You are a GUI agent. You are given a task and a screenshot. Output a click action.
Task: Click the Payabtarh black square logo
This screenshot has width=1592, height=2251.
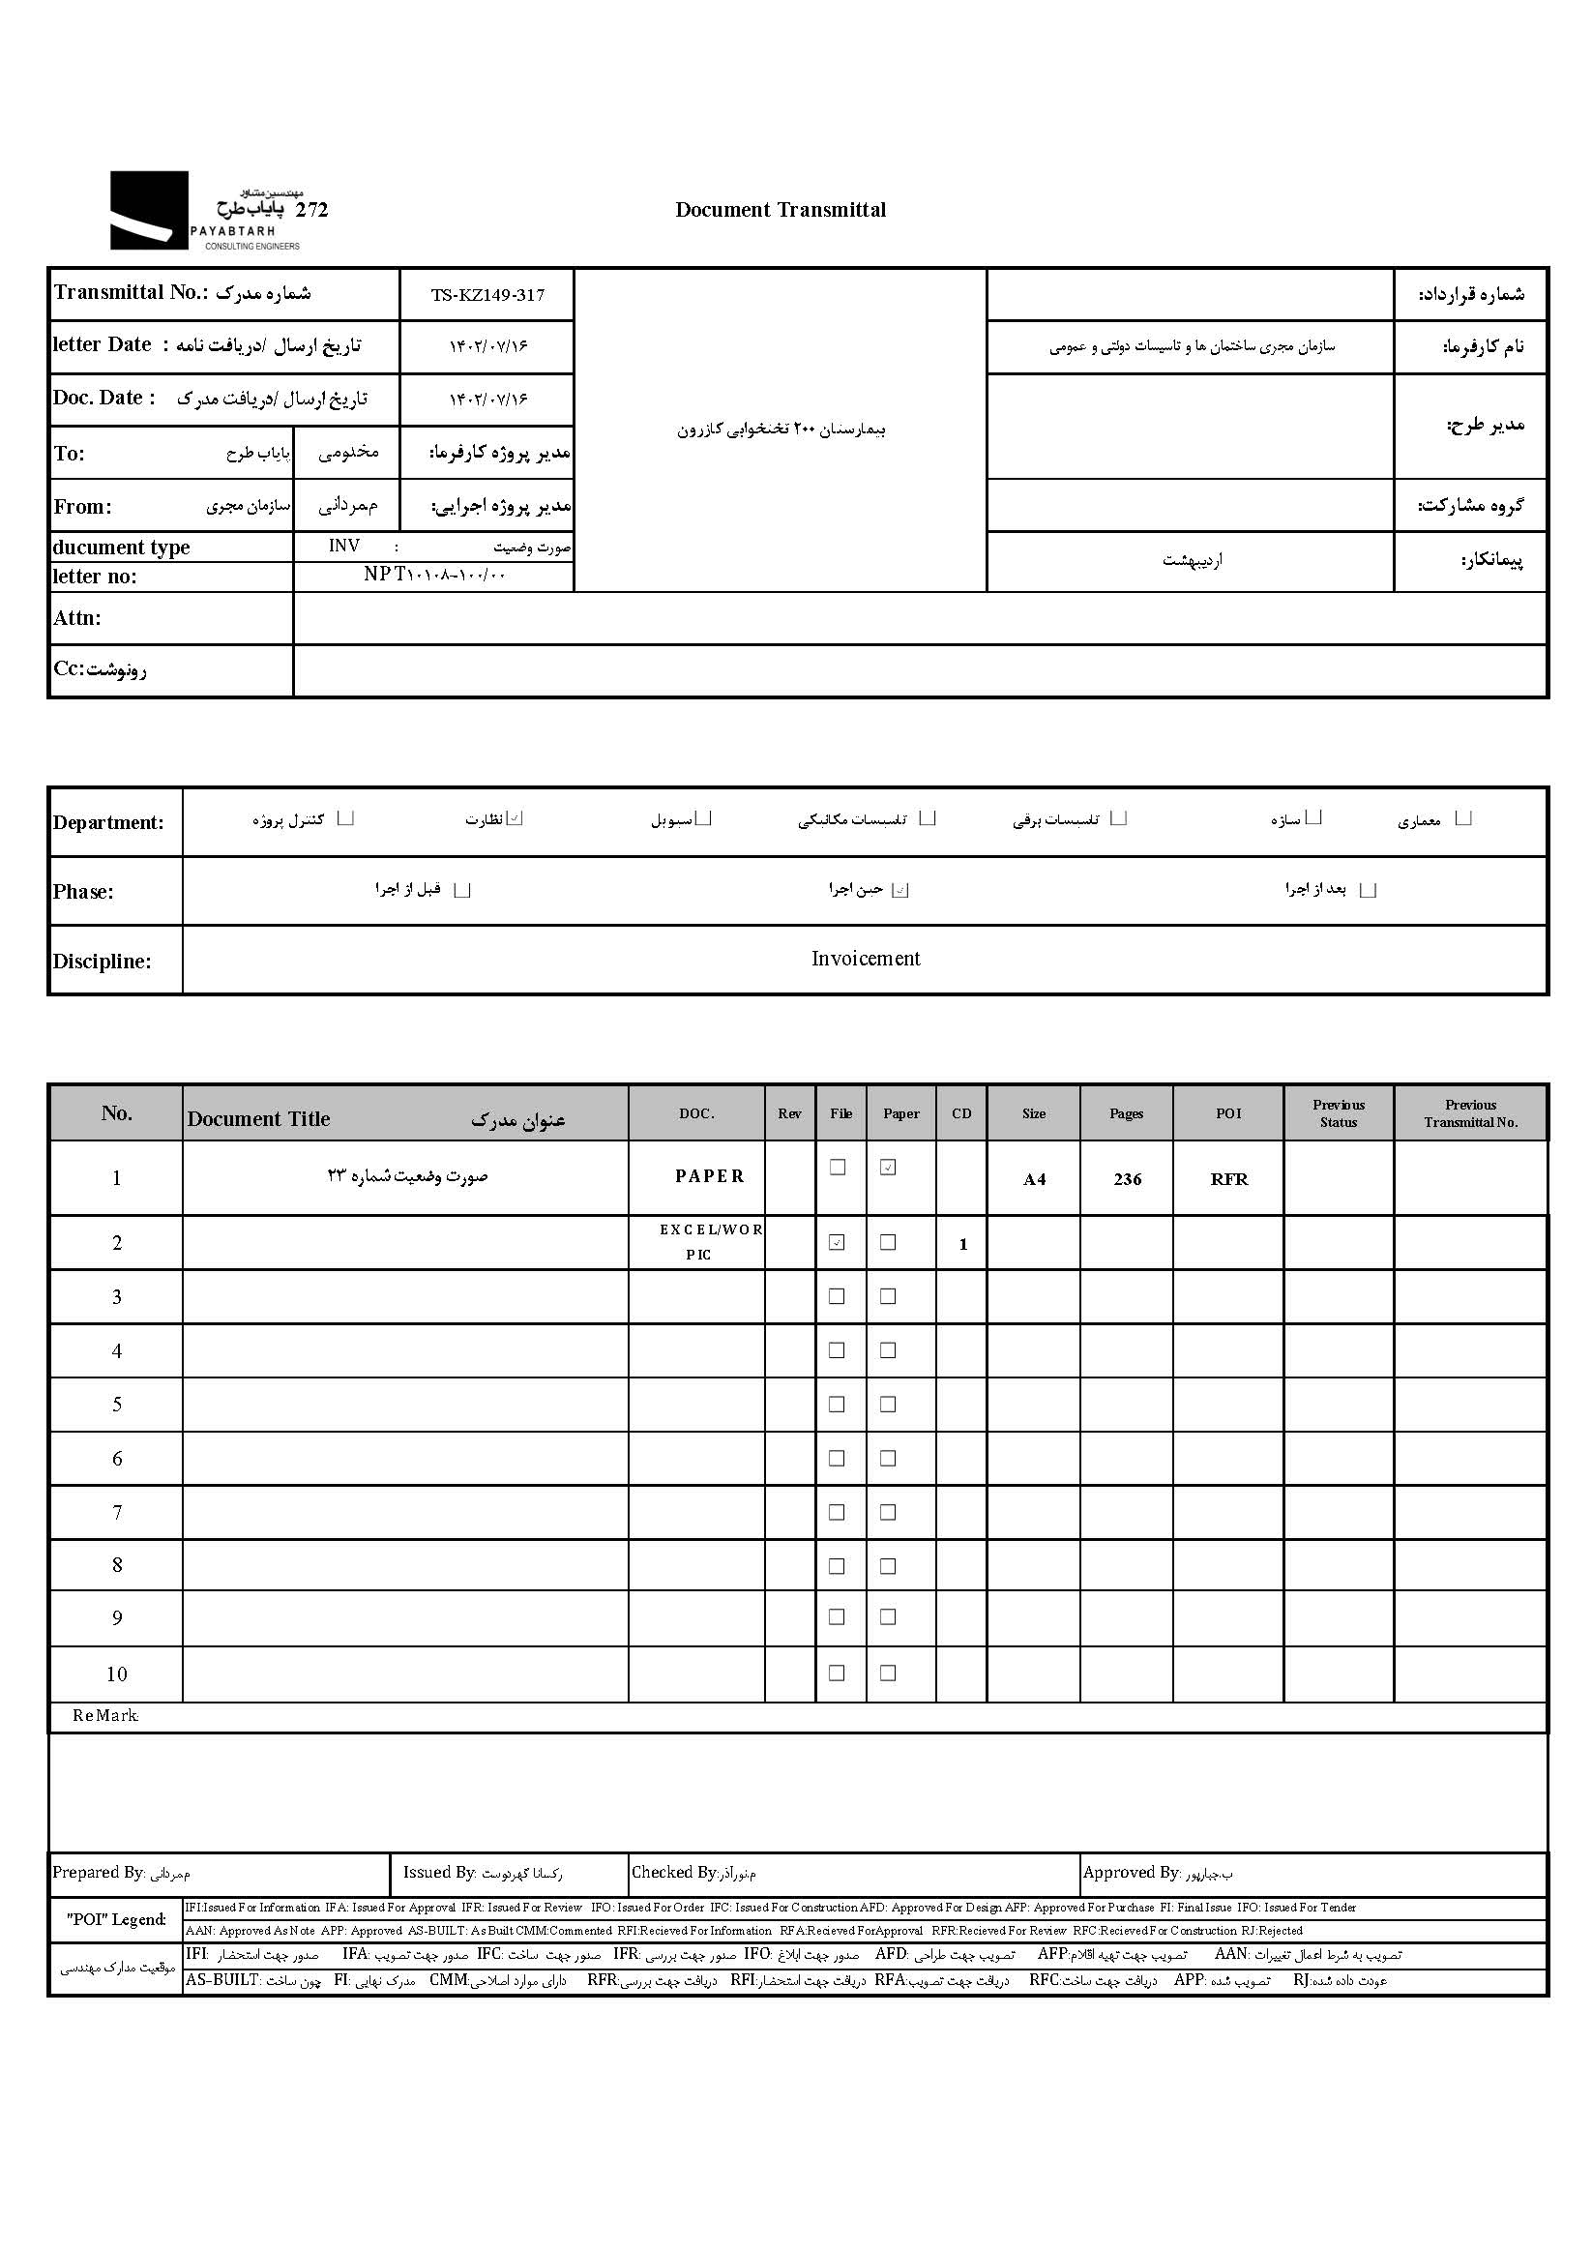(148, 210)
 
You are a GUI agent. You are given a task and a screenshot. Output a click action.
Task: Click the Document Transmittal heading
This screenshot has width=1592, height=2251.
(781, 210)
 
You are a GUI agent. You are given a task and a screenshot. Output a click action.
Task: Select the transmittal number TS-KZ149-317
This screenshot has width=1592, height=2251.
(487, 295)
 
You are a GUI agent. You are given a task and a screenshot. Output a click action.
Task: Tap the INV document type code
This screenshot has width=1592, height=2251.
(344, 547)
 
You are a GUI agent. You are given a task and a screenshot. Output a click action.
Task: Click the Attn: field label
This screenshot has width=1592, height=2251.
(77, 618)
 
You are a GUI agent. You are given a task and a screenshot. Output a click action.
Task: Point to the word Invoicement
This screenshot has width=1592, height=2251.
(866, 959)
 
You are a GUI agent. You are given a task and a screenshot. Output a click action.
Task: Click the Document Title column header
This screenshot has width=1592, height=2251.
(259, 1118)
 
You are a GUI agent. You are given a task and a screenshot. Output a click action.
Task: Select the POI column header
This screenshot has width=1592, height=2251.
(1228, 1113)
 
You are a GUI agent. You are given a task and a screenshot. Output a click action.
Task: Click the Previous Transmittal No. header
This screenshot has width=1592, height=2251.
(1470, 1113)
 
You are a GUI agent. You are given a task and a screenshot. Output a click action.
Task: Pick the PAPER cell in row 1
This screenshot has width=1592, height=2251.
(710, 1176)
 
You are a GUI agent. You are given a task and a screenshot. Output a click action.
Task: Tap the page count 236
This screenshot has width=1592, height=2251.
(1128, 1179)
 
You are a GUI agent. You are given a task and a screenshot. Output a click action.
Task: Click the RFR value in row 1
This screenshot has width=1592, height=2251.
(1229, 1179)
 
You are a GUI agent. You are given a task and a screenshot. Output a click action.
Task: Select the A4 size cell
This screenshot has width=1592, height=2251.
(1034, 1179)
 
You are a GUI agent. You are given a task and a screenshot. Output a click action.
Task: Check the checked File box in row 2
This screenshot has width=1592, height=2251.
(838, 1242)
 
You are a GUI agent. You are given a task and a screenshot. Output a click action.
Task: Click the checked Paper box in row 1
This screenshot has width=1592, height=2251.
(888, 1168)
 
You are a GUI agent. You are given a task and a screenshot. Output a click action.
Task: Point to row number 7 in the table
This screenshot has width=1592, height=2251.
(117, 1513)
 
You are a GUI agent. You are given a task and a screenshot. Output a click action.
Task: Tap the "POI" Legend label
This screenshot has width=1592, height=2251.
(116, 1919)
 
